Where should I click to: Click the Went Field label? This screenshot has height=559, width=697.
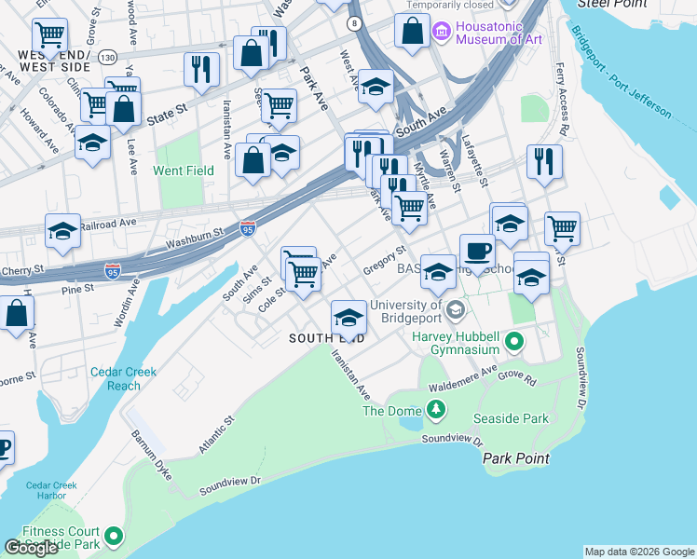pos(184,170)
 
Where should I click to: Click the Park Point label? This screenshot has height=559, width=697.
pos(515,458)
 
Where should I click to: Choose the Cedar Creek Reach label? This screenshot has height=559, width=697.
pos(124,378)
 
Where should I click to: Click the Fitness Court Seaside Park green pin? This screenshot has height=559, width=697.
pos(114,536)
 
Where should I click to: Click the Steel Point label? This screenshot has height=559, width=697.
pos(611,4)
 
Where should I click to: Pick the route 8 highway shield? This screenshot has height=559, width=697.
pos(354,22)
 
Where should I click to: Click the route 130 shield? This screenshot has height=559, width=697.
pos(109,58)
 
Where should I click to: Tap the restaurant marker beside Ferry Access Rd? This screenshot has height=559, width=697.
pos(543,162)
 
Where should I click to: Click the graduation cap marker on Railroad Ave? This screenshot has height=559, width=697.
pos(62,232)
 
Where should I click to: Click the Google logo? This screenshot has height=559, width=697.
pos(31,548)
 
